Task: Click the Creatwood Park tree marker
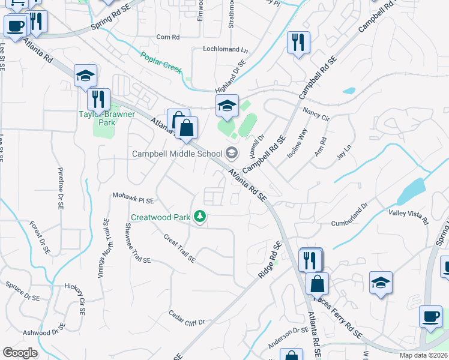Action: [199, 217]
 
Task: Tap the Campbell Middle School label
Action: [177, 154]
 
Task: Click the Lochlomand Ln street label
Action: [225, 49]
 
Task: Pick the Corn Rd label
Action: [168, 37]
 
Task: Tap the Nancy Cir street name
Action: [316, 113]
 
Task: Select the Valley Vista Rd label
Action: [409, 217]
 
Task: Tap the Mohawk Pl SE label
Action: [134, 198]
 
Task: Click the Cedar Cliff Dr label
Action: [187, 317]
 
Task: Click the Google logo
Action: [20, 352]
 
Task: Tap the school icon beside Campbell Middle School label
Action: [232, 154]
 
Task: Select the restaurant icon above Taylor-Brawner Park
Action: [98, 99]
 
